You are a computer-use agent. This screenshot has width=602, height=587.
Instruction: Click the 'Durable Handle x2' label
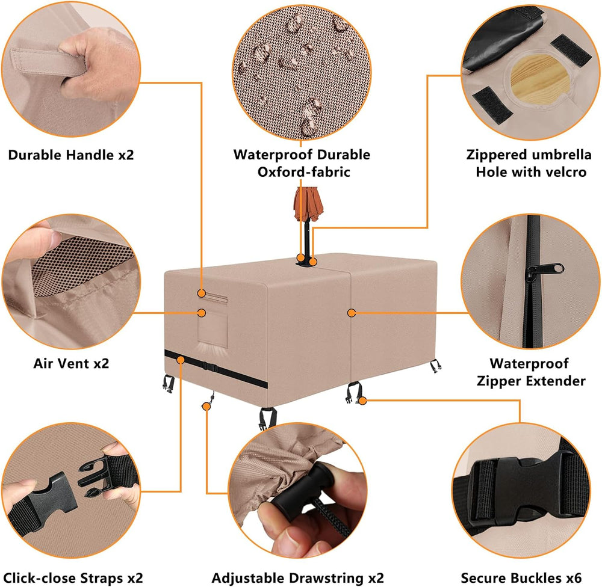[x=71, y=155]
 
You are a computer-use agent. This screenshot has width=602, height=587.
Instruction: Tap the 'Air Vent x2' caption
[x=71, y=363]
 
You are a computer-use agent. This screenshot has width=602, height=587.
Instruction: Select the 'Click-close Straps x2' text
[x=73, y=578]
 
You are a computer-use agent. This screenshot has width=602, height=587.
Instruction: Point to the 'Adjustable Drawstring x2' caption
[x=297, y=578]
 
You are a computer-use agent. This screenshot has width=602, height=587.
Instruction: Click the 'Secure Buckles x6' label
[x=521, y=578]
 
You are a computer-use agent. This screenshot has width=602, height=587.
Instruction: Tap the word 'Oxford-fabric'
[x=303, y=172]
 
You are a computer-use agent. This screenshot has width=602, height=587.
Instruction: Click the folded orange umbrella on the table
[x=308, y=205]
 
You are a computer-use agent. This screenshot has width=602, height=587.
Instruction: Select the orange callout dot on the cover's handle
[x=201, y=293]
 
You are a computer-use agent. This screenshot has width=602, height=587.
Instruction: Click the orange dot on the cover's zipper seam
[x=351, y=313]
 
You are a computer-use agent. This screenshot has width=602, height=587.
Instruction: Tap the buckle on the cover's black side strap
[x=209, y=366]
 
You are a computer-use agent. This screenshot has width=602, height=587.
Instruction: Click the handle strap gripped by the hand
[x=48, y=61]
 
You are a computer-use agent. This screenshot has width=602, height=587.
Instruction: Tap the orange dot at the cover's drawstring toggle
[x=206, y=406]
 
